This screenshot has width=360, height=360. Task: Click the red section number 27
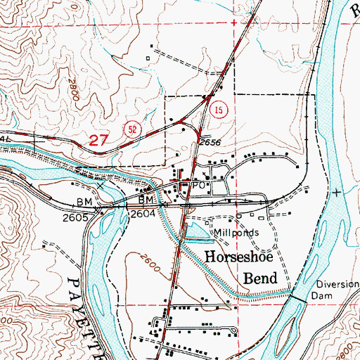click(100, 141)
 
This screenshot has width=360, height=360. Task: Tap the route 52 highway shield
click(131, 128)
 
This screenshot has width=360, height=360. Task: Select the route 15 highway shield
click(219, 110)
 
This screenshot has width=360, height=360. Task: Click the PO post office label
click(199, 186)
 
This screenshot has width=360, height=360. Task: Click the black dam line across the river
click(300, 298)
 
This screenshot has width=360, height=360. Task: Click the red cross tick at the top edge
click(233, 24)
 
